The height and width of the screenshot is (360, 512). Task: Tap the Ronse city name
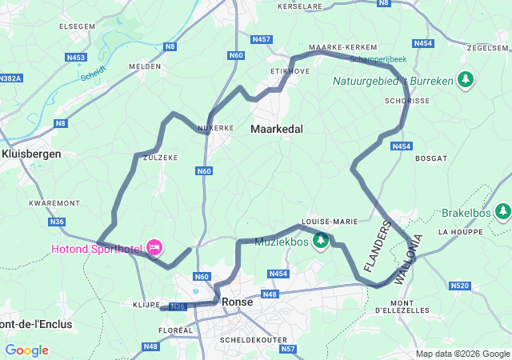[238, 302]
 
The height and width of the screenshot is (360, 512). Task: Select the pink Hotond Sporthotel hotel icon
[154, 247]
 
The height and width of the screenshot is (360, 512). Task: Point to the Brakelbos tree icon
[503, 212]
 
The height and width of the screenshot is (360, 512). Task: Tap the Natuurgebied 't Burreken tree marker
[465, 79]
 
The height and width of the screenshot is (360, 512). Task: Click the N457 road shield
[261, 38]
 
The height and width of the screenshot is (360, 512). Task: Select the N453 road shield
[77, 57]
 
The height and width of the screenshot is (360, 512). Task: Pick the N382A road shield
[9, 78]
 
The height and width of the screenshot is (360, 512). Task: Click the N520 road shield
[460, 285]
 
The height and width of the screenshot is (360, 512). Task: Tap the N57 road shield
[289, 349]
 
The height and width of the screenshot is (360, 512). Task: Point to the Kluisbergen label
[31, 154]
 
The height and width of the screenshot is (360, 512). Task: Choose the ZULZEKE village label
[160, 158]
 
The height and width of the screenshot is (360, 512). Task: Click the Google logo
[26, 350]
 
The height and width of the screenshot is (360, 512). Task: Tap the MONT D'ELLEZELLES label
[410, 307]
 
